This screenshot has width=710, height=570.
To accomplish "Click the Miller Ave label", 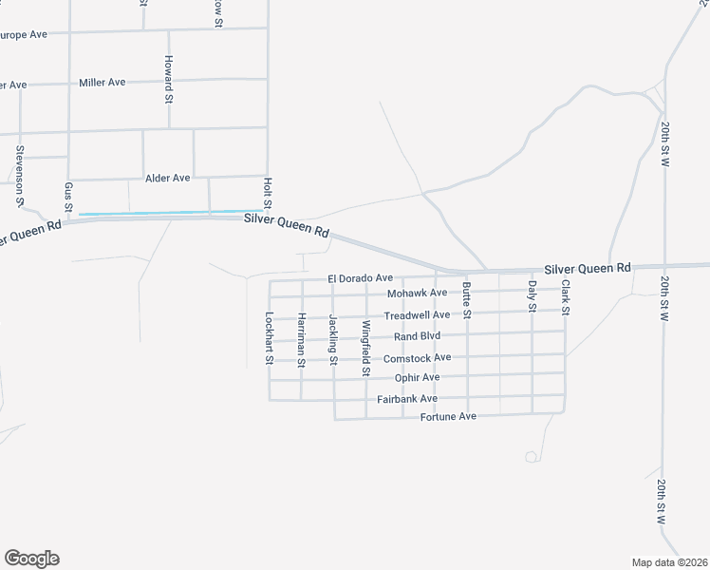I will pyautogui.click(x=103, y=83).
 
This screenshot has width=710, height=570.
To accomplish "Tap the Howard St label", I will pyautogui.click(x=167, y=79).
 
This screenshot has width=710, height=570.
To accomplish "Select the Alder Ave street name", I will pyautogui.click(x=168, y=178).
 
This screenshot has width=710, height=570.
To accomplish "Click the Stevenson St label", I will pyautogui.click(x=19, y=176).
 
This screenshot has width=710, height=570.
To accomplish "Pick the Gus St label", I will pyautogui.click(x=68, y=197).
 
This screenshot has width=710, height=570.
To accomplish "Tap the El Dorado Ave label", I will pyautogui.click(x=360, y=278).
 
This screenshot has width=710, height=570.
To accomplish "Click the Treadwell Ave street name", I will pyautogui.click(x=417, y=314).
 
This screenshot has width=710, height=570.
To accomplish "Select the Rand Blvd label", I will pyautogui.click(x=417, y=335).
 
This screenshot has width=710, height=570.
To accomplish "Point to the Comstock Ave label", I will pyautogui.click(x=417, y=358).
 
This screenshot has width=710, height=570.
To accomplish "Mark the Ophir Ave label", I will pyautogui.click(x=417, y=377).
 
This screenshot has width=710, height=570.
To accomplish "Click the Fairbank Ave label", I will pyautogui.click(x=406, y=399).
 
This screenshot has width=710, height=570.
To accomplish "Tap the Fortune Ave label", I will pyautogui.click(x=447, y=417).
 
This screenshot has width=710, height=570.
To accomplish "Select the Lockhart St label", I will pyautogui.click(x=270, y=338).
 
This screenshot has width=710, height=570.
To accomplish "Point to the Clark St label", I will pyautogui.click(x=565, y=297).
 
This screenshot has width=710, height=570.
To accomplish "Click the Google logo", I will pyautogui.click(x=31, y=559).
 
